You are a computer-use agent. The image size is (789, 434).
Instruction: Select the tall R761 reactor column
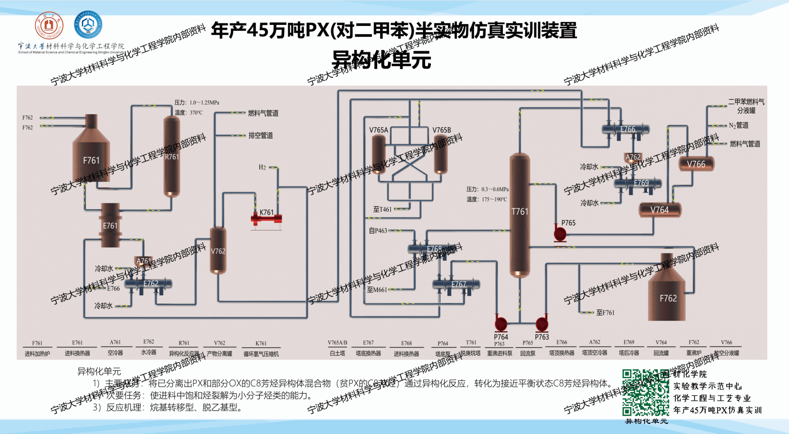[171, 156]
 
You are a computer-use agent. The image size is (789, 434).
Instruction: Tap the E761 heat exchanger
[110, 225]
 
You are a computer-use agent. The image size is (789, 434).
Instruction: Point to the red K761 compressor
[266, 219]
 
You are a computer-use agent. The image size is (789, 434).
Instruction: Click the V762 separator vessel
[218, 250]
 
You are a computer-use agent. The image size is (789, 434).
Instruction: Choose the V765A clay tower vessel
[379, 154]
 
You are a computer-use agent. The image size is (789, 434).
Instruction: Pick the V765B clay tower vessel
[441, 154]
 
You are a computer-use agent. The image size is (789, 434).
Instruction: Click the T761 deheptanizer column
[519, 214]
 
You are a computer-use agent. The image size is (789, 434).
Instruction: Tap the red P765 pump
[560, 234]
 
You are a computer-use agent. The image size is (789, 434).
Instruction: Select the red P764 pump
[501, 323]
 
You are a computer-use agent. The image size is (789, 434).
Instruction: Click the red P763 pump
[542, 323]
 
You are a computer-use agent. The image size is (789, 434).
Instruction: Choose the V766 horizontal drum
[696, 164]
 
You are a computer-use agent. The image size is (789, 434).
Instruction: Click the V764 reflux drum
[660, 210]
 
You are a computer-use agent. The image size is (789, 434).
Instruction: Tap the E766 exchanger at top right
[626, 129]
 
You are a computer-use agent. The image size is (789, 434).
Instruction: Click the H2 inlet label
[262, 167]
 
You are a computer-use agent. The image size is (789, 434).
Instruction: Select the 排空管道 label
[261, 135]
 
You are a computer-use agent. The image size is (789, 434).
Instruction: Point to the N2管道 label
[739, 125]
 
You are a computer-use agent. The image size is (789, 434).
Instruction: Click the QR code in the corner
[646, 392]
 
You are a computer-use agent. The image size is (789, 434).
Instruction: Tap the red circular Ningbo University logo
[48, 25]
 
